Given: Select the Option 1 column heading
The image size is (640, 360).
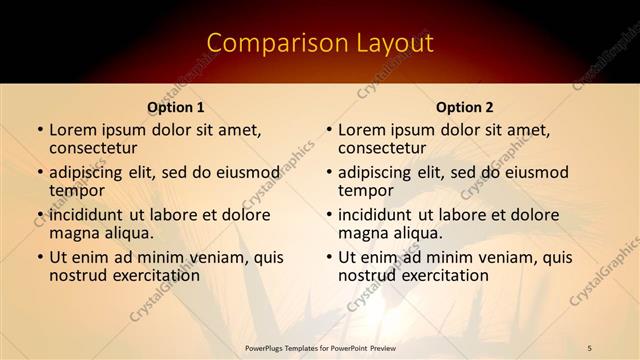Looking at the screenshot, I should point(176,107).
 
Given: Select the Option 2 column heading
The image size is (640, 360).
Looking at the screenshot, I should point(465,107).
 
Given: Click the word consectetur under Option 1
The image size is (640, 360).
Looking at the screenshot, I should point(97,148).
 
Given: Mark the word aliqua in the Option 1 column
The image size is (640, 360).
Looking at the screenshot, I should point(129,233).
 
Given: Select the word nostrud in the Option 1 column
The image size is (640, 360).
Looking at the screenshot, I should point(78,275).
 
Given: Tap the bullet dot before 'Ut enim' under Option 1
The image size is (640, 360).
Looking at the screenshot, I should point(39,257).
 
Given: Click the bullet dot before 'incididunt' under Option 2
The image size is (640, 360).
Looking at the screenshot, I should point(328,214).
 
